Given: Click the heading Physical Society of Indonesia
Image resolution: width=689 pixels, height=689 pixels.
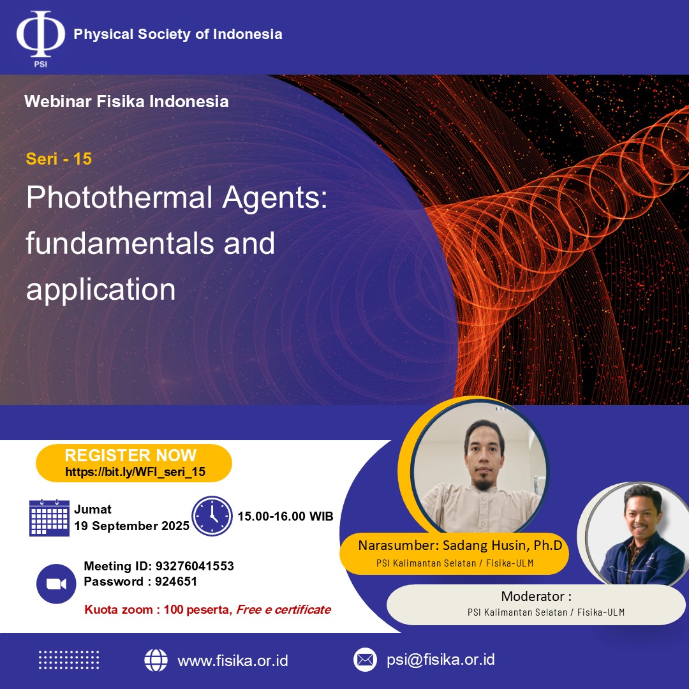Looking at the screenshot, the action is pos(178,34).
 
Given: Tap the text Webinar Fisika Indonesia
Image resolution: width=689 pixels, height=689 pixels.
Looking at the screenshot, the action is pos(126,101).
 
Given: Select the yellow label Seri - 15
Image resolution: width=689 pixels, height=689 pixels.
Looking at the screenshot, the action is pos(59,159).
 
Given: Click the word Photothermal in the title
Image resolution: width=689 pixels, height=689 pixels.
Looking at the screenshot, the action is pos(119,197).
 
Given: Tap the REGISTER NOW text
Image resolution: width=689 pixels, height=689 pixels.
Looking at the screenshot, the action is pos(131,456).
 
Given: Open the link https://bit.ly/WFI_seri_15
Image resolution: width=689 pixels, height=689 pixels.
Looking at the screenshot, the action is pos(135,472).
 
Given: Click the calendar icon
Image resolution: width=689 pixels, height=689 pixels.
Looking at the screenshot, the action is pos(49,517).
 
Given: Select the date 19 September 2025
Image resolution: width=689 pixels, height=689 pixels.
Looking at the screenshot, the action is pos(132,526).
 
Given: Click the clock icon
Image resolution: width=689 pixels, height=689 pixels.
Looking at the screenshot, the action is pos(212,516).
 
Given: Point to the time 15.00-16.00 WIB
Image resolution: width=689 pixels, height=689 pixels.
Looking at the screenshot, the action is pos(286,516).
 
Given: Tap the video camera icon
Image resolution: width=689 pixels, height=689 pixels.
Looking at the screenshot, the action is pos(56,584).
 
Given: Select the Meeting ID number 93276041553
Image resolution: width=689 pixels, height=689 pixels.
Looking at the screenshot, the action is pos(195,566).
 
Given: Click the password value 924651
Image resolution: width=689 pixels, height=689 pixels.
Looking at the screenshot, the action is pos(176,581).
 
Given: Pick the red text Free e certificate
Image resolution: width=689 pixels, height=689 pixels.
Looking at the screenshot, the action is pos(284,609).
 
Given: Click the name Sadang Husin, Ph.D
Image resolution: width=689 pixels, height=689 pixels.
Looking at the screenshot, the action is pos(502,545).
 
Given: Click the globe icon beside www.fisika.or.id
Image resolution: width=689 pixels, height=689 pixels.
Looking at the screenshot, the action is pos(156,660).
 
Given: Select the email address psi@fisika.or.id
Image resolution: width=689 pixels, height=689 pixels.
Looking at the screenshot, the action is pos(441,660).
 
